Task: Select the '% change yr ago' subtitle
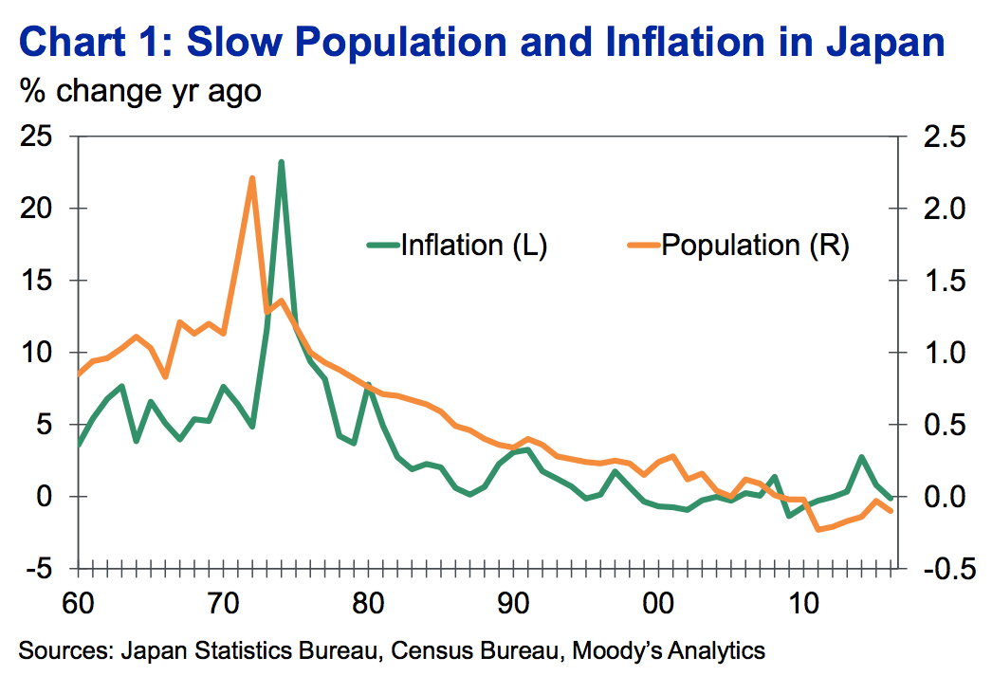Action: tap(139, 92)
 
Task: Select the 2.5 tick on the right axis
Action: tap(936, 137)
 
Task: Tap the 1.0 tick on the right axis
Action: tap(936, 353)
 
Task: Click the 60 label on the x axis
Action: tap(79, 602)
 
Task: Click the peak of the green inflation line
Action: tap(282, 162)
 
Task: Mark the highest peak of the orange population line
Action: tap(252, 178)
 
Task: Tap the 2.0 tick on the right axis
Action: tap(936, 209)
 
